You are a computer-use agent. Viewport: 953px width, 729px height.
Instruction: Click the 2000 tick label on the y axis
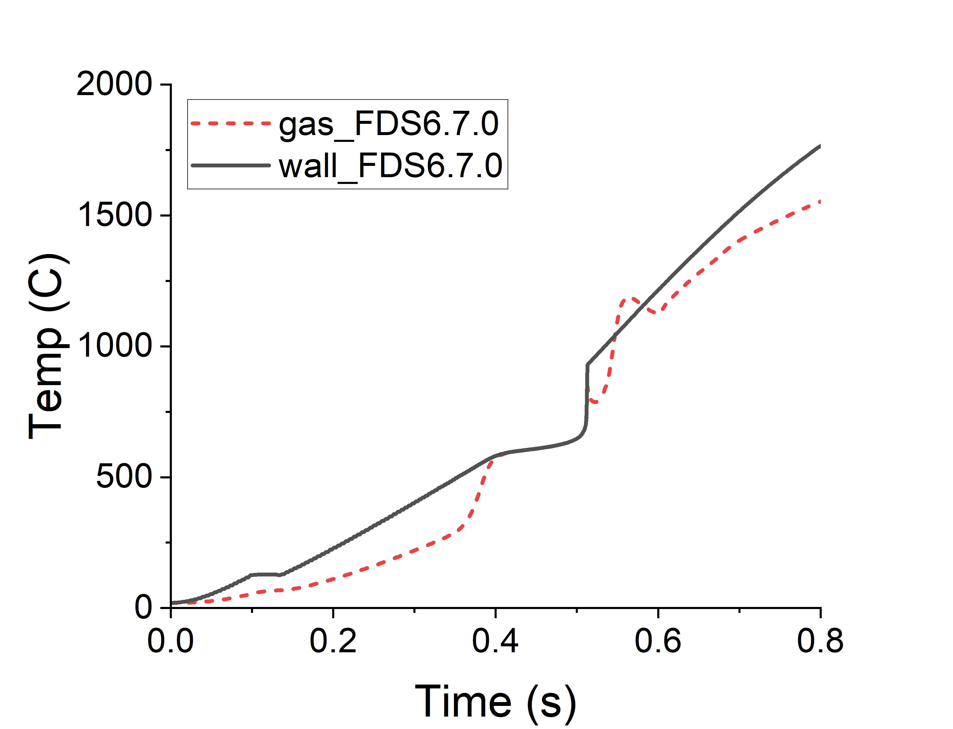click(114, 84)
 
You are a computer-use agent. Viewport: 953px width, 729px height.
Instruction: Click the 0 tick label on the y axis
click(143, 608)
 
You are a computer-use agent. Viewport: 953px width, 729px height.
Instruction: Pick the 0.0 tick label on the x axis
click(171, 641)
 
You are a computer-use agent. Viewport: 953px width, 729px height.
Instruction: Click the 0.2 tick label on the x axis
click(333, 641)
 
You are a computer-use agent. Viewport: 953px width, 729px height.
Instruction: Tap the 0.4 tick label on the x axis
click(495, 641)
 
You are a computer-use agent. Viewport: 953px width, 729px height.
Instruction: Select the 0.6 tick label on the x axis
click(658, 641)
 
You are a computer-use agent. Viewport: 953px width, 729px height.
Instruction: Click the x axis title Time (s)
click(495, 702)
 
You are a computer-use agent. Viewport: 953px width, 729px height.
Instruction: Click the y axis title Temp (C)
click(48, 346)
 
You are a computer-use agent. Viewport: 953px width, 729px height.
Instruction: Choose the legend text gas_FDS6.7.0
click(388, 124)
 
